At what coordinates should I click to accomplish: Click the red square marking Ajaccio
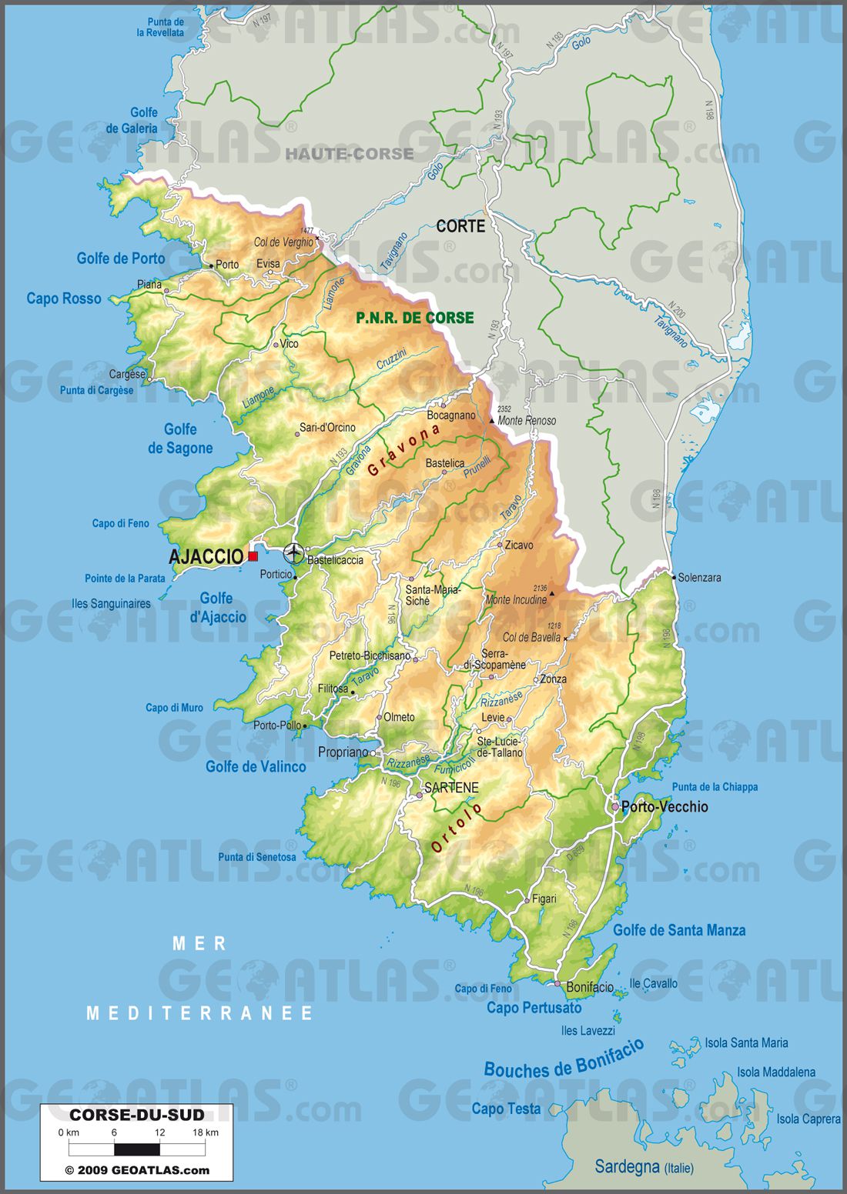pyautogui.click(x=253, y=556)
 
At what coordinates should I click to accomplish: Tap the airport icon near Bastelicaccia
pyautogui.click(x=293, y=553)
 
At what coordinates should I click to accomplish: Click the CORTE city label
pyautogui.click(x=460, y=226)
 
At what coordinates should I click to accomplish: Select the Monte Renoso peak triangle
pyautogui.click(x=493, y=421)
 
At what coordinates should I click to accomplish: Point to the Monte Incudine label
pyautogui.click(x=515, y=599)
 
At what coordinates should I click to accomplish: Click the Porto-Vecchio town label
pyautogui.click(x=664, y=807)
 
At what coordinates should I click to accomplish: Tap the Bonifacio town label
pyautogui.click(x=590, y=987)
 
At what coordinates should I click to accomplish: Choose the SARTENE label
pyautogui.click(x=451, y=788)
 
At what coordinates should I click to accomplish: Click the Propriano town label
pyautogui.click(x=343, y=752)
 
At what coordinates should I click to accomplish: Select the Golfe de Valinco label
pyautogui.click(x=256, y=766)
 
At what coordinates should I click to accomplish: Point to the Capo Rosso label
pyautogui.click(x=64, y=298)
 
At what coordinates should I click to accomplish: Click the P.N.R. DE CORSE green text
pyautogui.click(x=414, y=318)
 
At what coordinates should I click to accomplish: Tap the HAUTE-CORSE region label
pyautogui.click(x=350, y=154)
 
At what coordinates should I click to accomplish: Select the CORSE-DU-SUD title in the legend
pyautogui.click(x=137, y=1115)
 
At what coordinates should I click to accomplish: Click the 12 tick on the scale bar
pyautogui.click(x=159, y=1132)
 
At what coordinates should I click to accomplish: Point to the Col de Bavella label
pyautogui.click(x=531, y=637)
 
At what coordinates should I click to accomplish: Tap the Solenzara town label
pyautogui.click(x=699, y=577)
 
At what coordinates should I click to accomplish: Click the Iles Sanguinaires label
pyautogui.click(x=111, y=604)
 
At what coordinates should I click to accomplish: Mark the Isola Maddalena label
pyautogui.click(x=776, y=1072)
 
